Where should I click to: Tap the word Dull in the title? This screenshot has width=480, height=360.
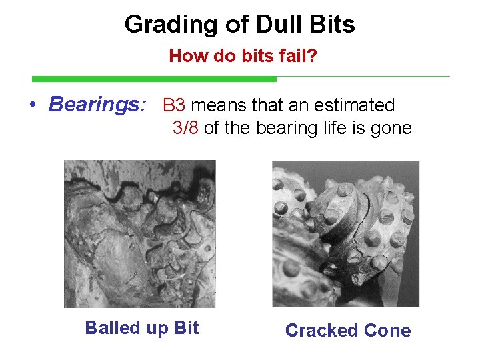point(266,25)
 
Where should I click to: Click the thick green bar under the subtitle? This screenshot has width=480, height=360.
point(153,79)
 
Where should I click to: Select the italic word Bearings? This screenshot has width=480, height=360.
point(97,105)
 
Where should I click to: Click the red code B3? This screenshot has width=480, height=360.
point(174,105)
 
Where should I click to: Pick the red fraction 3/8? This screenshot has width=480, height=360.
point(185,128)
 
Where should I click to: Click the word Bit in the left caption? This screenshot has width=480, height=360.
point(186,328)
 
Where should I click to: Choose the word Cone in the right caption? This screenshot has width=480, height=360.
point(387,331)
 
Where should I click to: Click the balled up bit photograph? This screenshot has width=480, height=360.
point(139,233)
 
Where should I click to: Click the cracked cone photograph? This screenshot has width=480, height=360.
point(345,233)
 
